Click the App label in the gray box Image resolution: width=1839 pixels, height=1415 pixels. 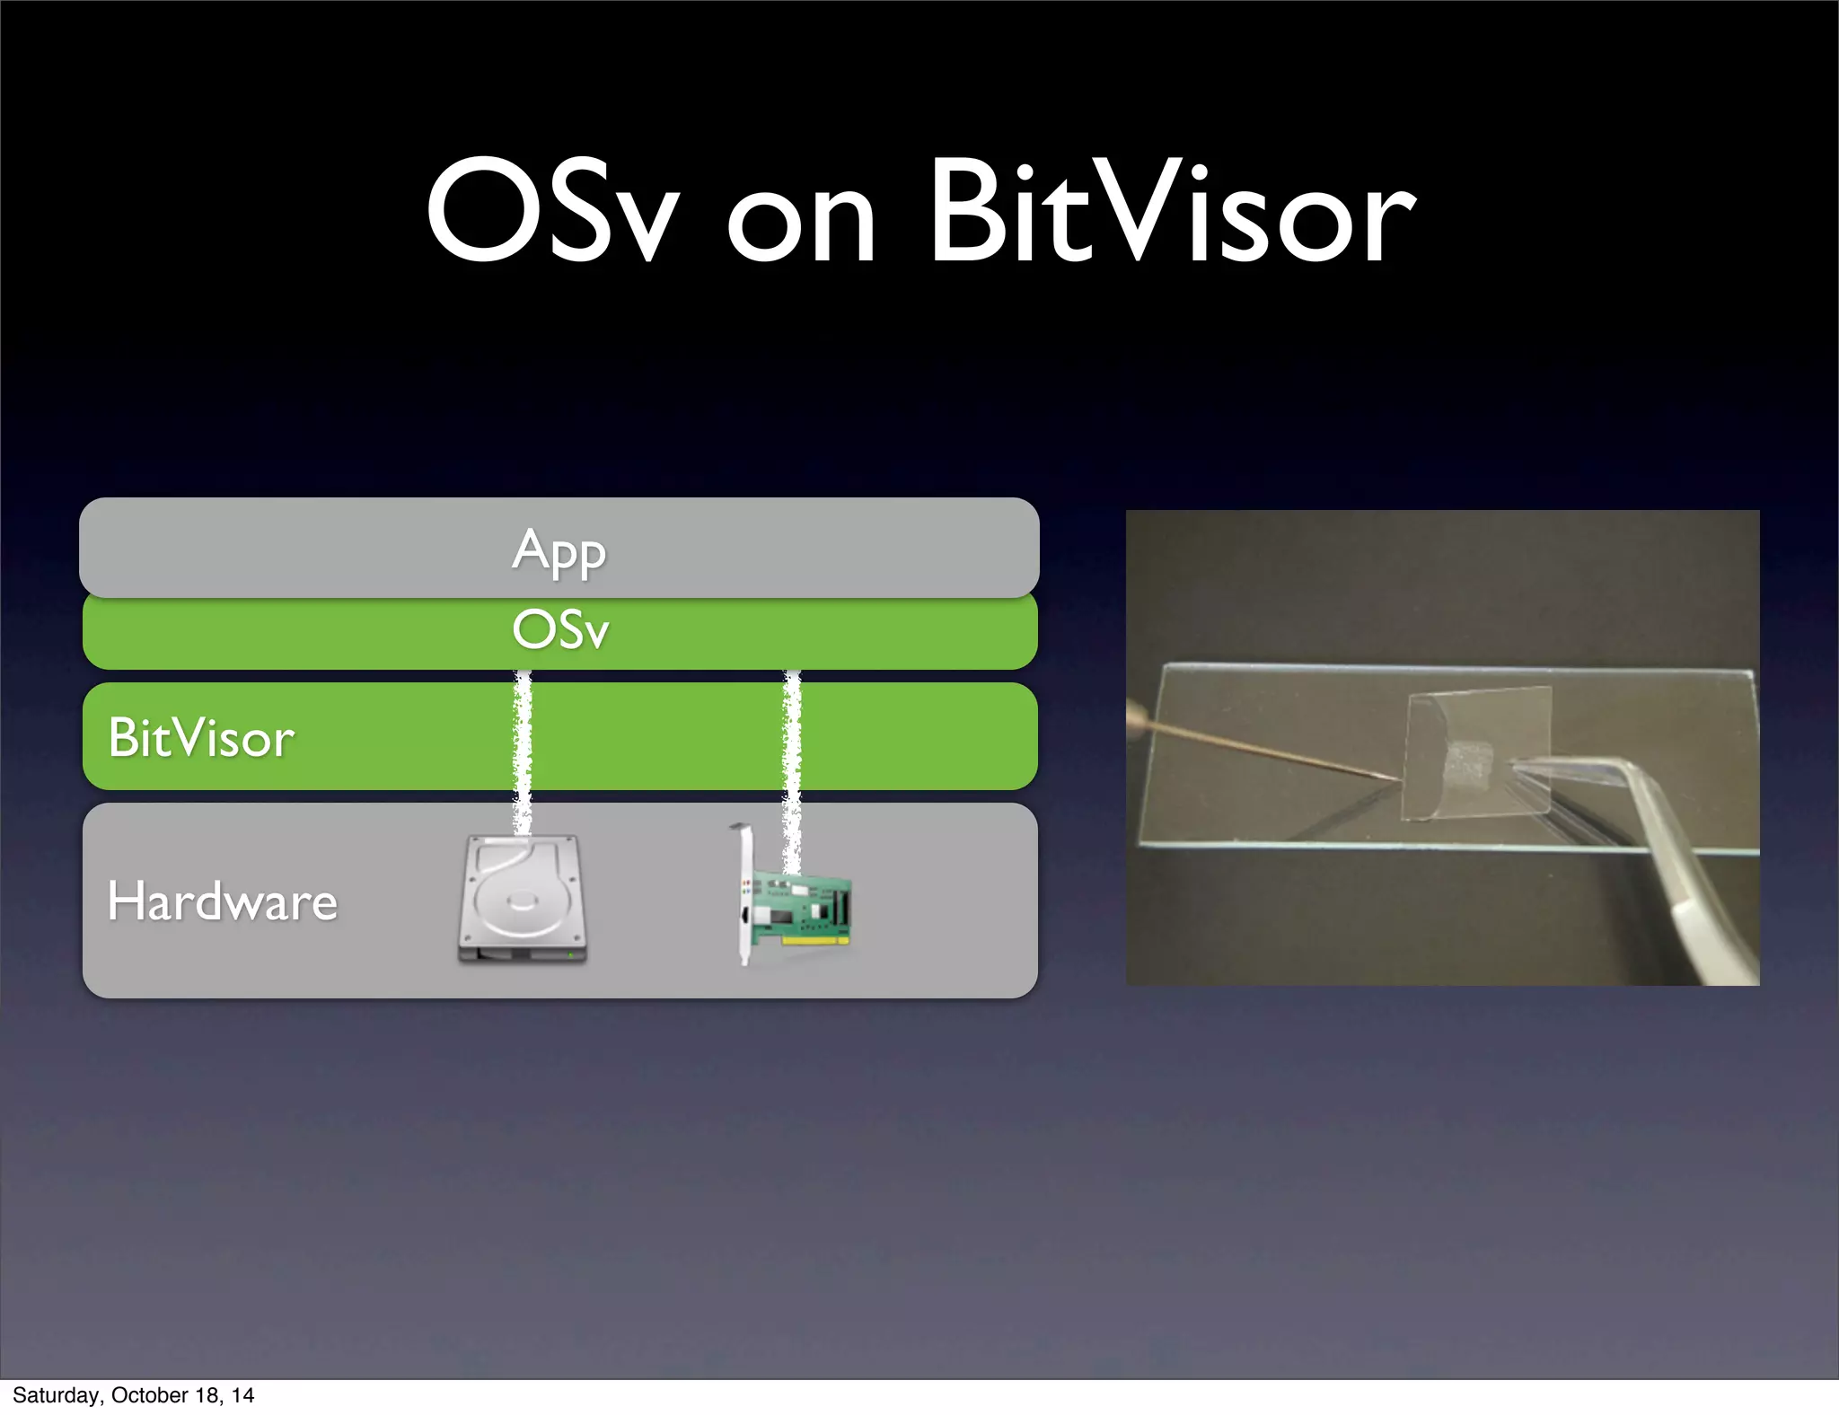[559, 550]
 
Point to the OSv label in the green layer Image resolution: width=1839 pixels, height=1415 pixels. [560, 629]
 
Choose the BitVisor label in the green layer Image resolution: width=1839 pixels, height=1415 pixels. [201, 738]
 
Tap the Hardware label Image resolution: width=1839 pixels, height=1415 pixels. [222, 901]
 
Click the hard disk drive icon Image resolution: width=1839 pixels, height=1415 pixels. [522, 900]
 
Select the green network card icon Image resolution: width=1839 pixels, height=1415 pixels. [799, 907]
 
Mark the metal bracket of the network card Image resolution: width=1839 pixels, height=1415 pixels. [743, 898]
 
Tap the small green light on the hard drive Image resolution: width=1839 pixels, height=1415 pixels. [570, 955]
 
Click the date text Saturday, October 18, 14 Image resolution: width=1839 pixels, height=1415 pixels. [133, 1395]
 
